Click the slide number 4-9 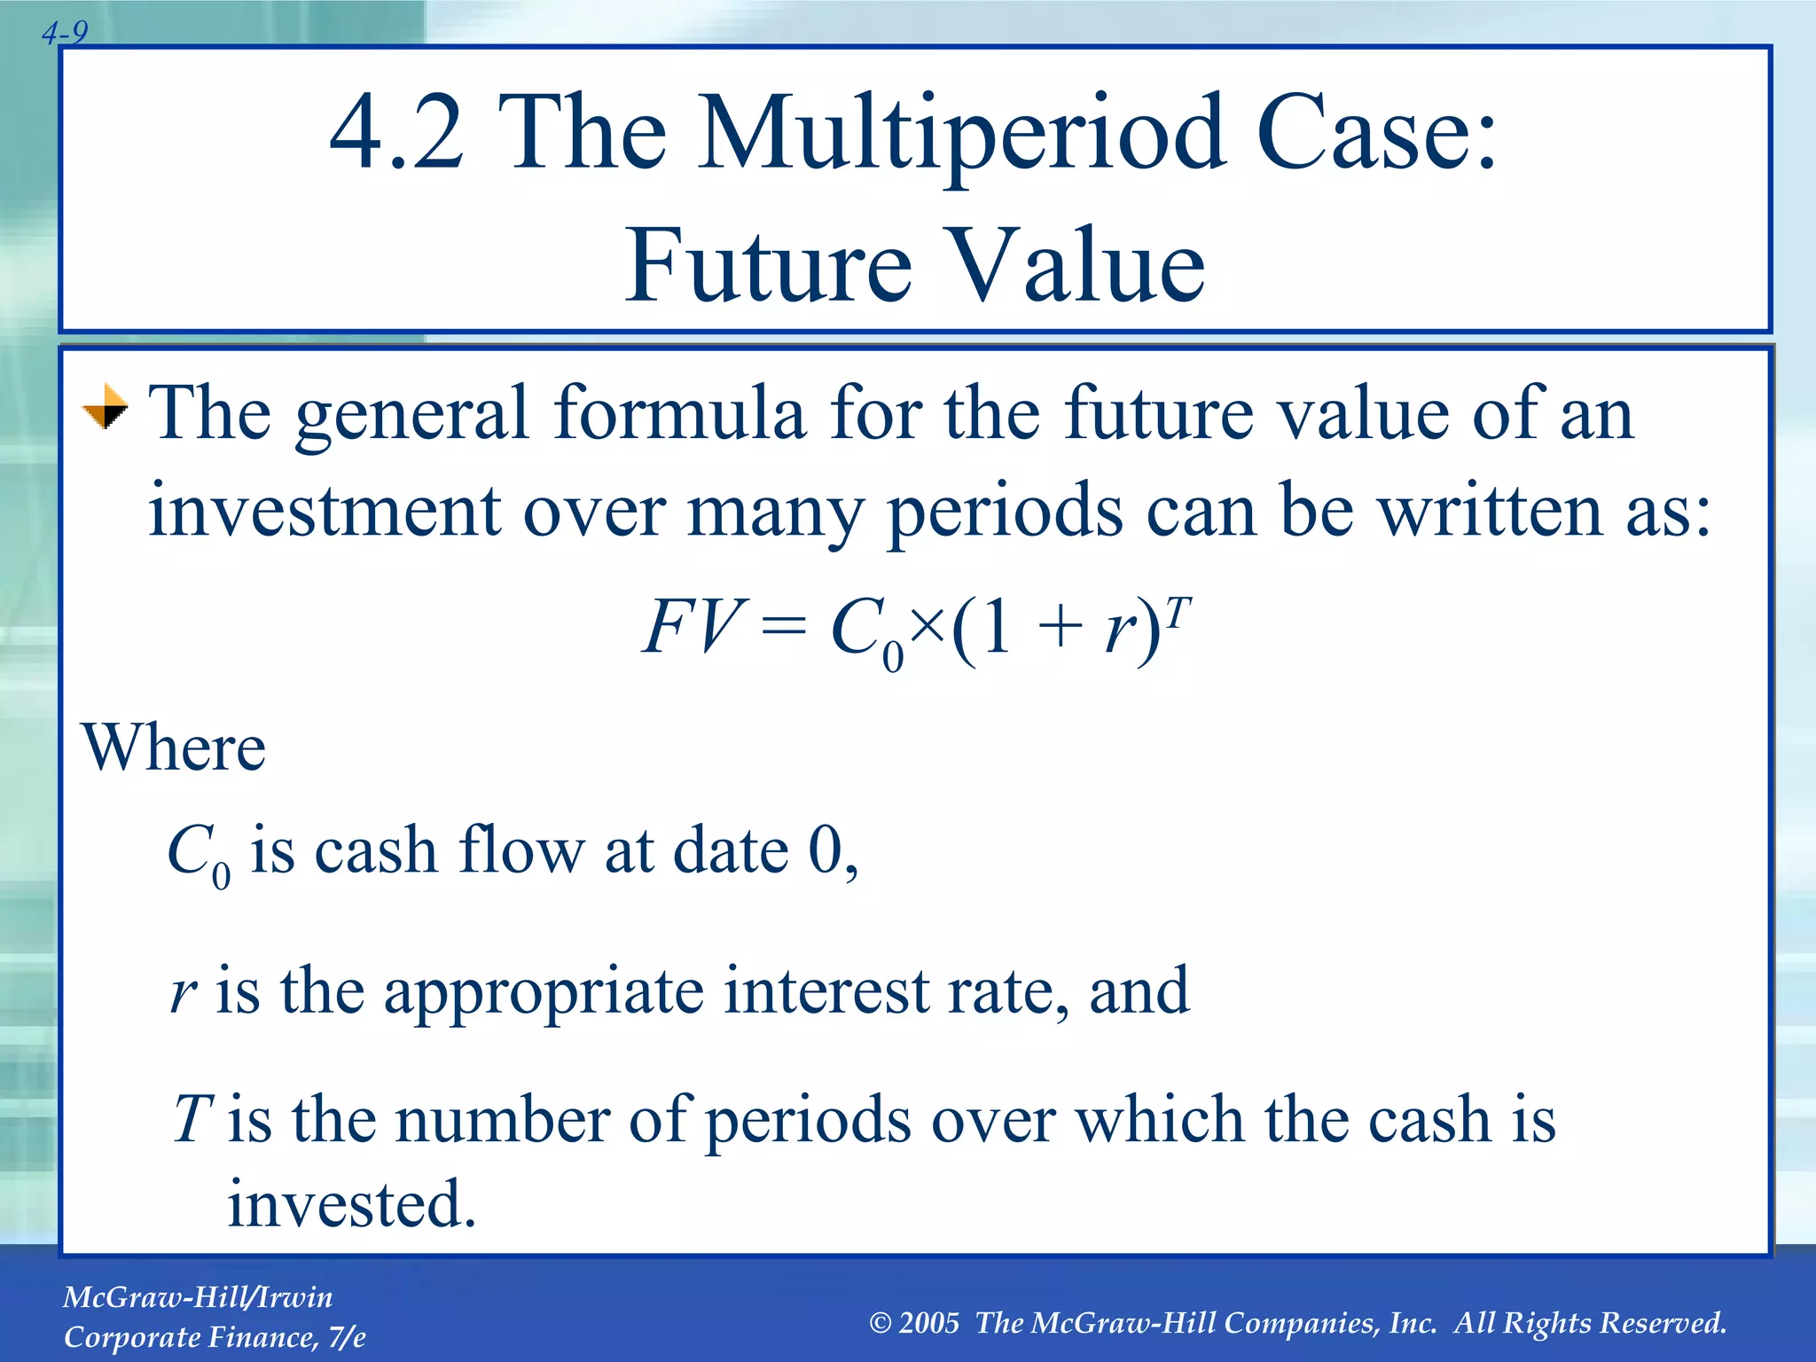point(65,34)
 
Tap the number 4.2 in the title point(396,133)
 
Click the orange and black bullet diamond point(106,408)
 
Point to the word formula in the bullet point(680,413)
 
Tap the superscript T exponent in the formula point(1178,610)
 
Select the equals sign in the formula point(784,629)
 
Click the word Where point(174,748)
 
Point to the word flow point(521,849)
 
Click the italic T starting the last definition point(192,1119)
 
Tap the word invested point(352,1203)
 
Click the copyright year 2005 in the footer point(928,1322)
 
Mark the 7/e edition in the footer point(346,1337)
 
